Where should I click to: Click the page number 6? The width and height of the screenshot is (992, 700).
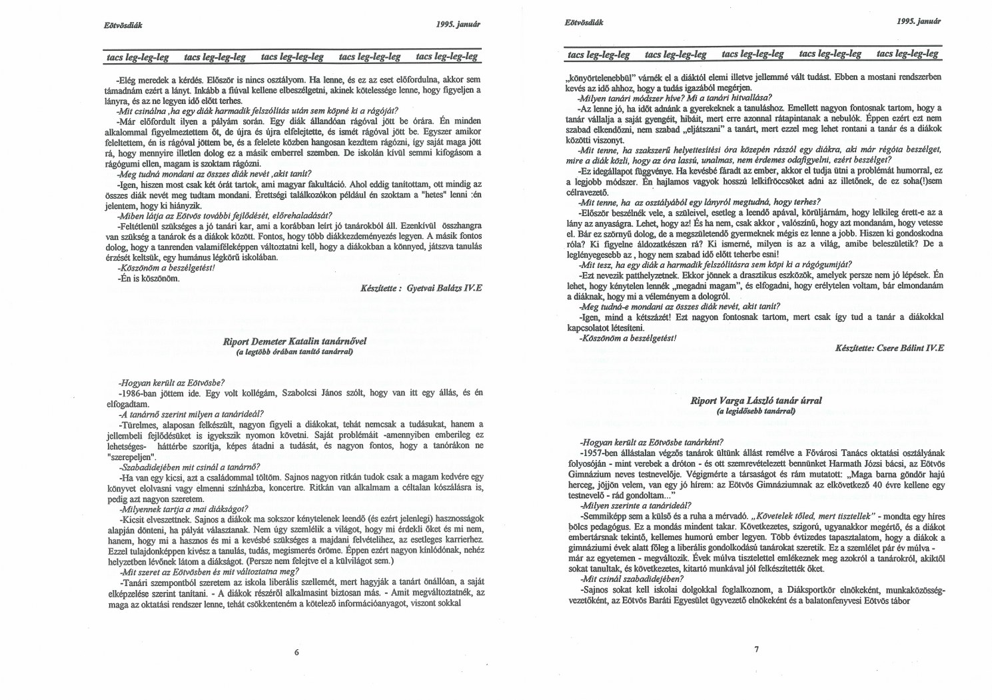coord(296,652)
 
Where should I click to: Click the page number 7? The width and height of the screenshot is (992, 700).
coord(757,650)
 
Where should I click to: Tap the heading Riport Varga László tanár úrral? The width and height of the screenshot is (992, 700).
coord(756,401)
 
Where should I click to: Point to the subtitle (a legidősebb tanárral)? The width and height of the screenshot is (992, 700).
coord(756,412)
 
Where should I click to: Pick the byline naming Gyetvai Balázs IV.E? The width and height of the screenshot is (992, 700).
coord(422,289)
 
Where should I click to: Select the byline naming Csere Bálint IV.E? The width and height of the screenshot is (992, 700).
coord(889,347)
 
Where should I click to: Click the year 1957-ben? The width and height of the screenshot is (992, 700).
coord(602,453)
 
